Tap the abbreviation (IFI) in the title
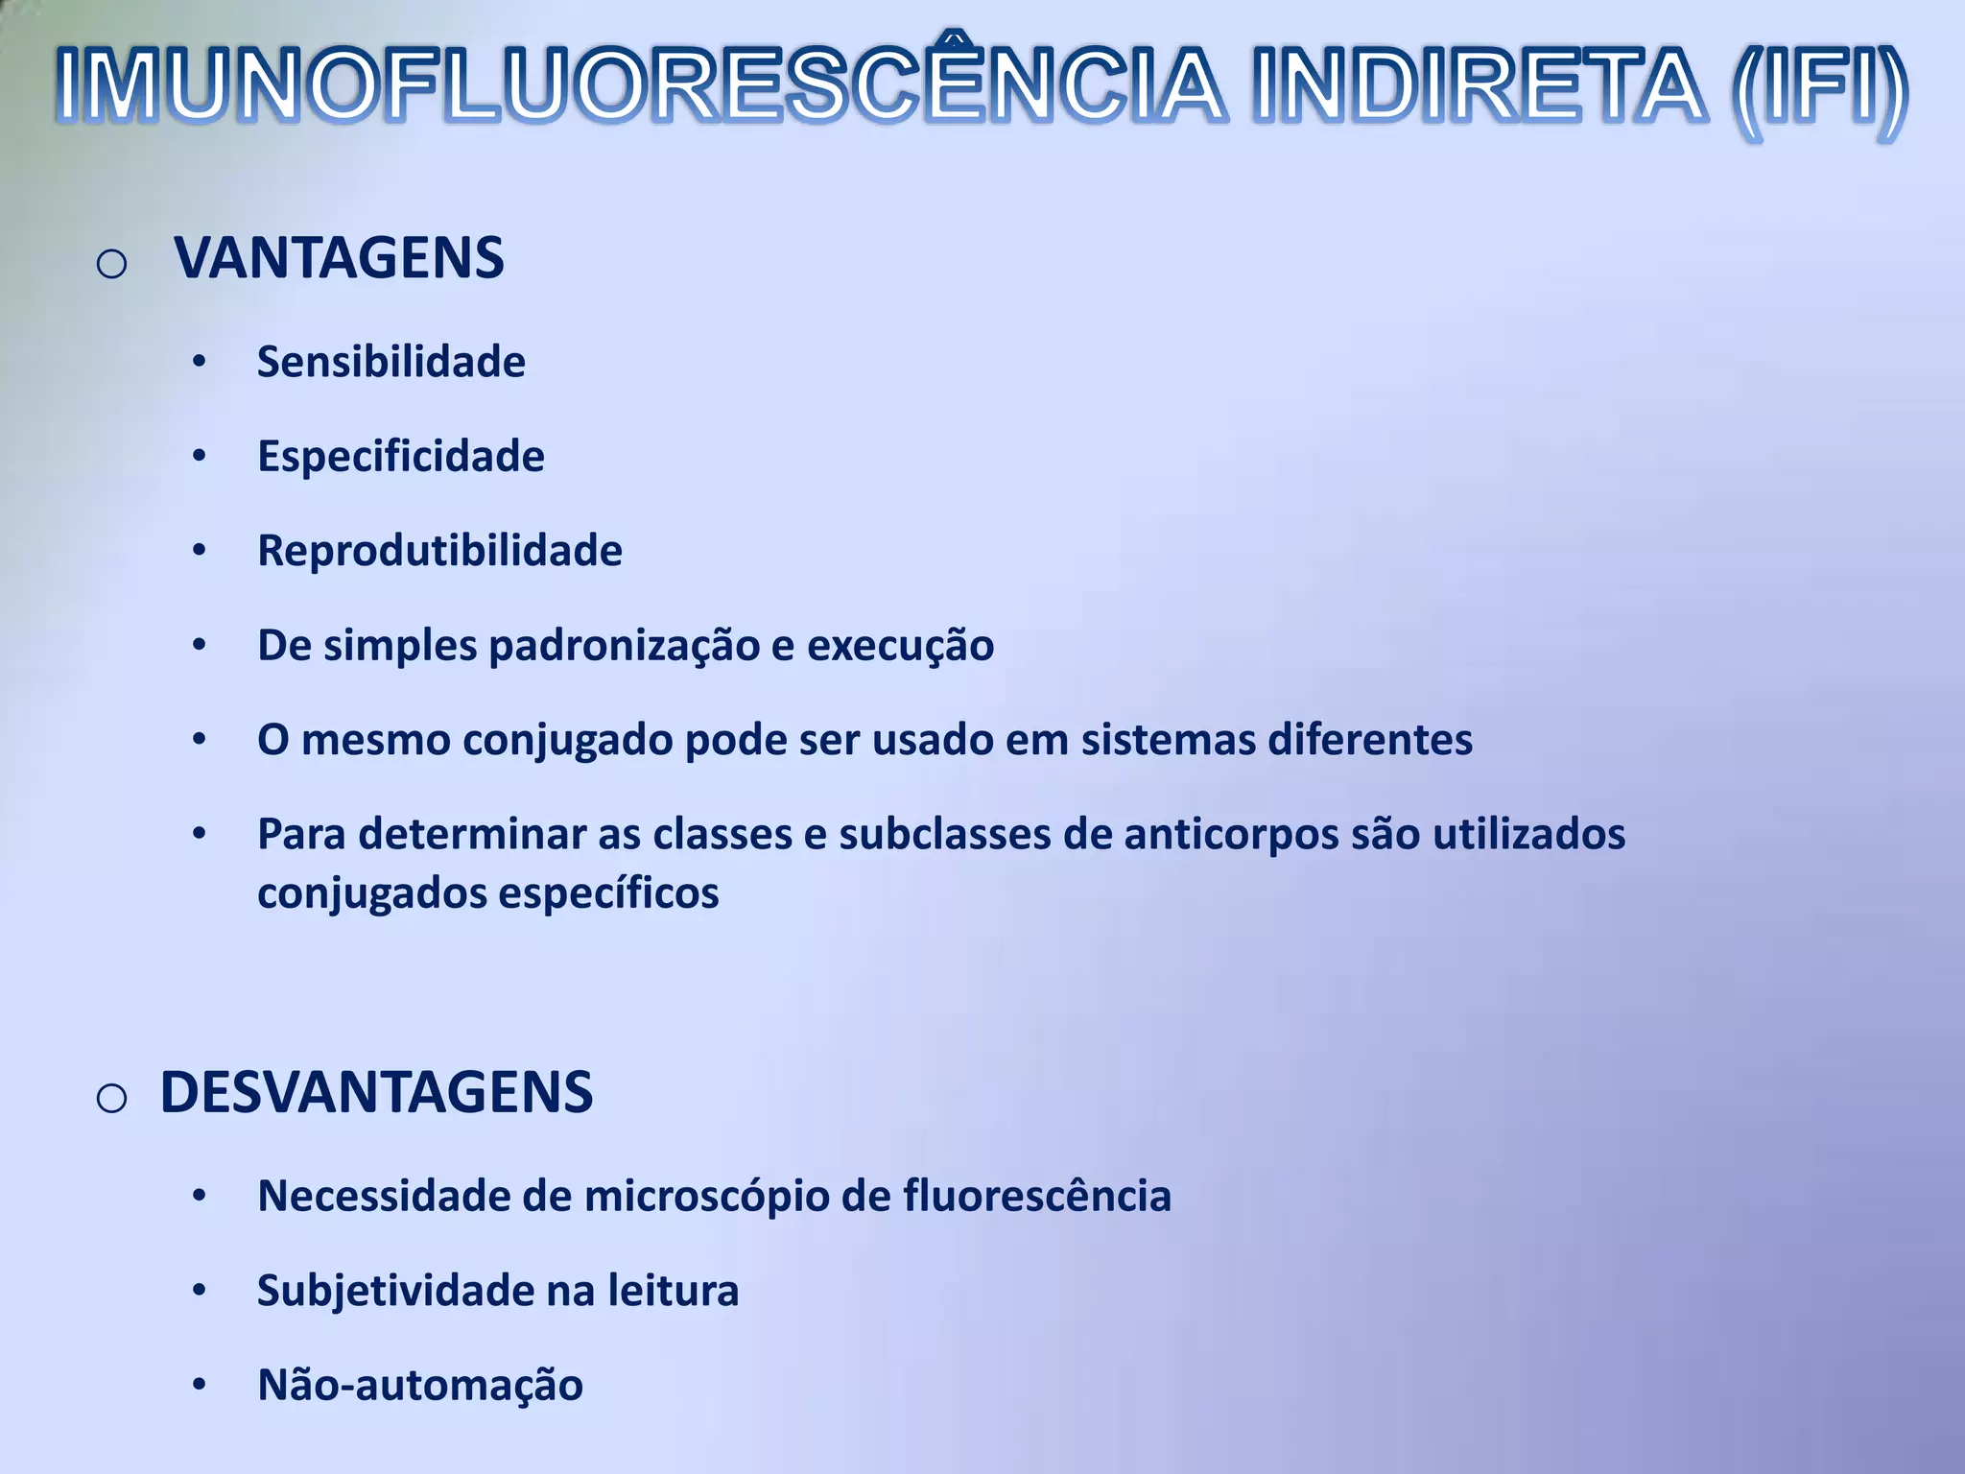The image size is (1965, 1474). [1819, 88]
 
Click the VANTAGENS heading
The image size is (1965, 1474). [339, 258]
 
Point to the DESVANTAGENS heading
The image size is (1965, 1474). [376, 1092]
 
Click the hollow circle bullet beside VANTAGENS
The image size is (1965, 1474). [112, 263]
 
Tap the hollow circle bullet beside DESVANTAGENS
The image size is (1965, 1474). [112, 1097]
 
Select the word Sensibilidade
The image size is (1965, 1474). [391, 363]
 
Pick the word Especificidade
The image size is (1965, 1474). [401, 457]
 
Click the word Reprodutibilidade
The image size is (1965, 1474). [439, 551]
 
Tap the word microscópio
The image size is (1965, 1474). [706, 1197]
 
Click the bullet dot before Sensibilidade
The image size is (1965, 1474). [199, 363]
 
